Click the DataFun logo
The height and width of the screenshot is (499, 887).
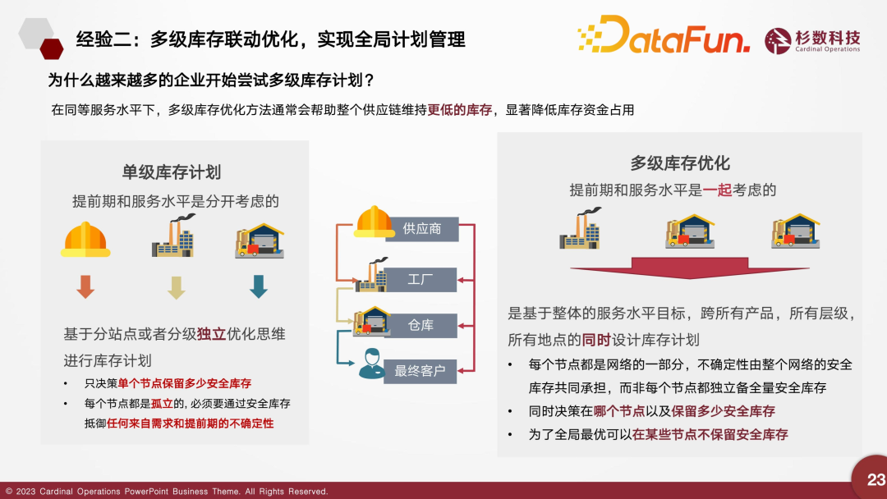click(664, 34)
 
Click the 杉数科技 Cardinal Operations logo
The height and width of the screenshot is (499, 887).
click(812, 41)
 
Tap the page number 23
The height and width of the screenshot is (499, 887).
click(876, 480)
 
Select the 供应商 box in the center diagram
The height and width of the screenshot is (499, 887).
click(422, 229)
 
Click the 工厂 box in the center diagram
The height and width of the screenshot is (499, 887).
click(421, 280)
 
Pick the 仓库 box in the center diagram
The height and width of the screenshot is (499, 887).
click(421, 326)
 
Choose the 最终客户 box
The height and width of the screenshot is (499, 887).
click(420, 371)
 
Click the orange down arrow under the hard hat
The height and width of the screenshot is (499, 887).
click(85, 286)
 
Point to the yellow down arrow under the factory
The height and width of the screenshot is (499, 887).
click(176, 287)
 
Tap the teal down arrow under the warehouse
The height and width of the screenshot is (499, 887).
click(259, 286)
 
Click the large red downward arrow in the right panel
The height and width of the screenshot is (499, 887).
click(690, 268)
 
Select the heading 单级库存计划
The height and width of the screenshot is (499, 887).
click(172, 172)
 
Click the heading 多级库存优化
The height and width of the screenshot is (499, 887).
click(680, 163)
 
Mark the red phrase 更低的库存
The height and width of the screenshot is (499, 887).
click(460, 110)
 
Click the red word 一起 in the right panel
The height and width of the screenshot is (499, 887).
click(717, 190)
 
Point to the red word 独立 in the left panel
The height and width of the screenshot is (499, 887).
click(212, 334)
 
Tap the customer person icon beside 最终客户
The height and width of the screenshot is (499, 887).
click(372, 364)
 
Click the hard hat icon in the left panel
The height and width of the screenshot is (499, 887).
click(85, 239)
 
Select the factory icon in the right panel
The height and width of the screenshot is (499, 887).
click(581, 228)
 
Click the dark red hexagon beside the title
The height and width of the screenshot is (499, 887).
click(52, 49)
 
